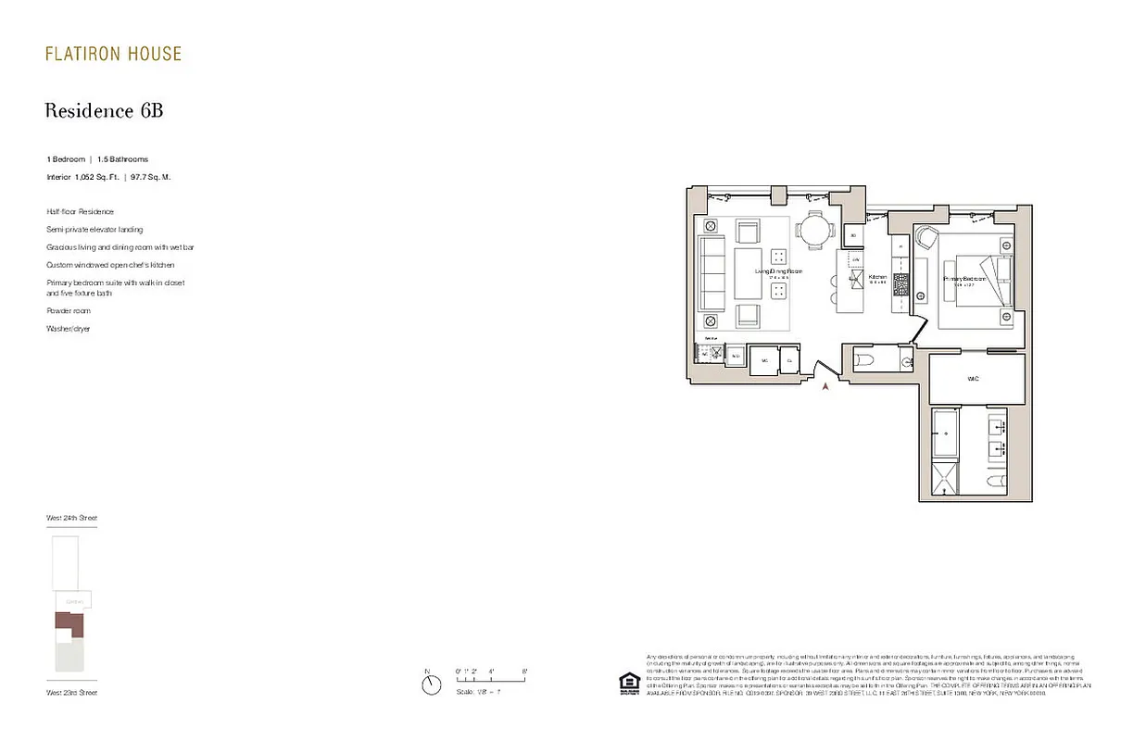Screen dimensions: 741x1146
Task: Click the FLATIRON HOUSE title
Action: pyautogui.click(x=113, y=54)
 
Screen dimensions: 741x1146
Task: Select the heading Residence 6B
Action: pyautogui.click(x=104, y=111)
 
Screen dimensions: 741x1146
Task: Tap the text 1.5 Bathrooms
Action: pyautogui.click(x=122, y=159)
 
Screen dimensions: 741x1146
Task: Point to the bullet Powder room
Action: pyautogui.click(x=69, y=311)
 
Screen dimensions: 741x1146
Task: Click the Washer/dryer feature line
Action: pyautogui.click(x=69, y=329)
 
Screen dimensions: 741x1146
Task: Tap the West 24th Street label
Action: pyautogui.click(x=71, y=518)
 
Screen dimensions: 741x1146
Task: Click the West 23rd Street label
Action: pyautogui.click(x=71, y=693)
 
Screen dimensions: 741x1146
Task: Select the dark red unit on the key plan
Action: pyautogui.click(x=70, y=623)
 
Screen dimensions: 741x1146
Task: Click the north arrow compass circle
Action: pyautogui.click(x=431, y=685)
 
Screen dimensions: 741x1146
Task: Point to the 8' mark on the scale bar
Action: pyautogui.click(x=524, y=672)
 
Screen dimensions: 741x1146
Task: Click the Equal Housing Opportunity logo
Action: pyautogui.click(x=629, y=683)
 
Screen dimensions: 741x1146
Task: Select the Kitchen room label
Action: pyautogui.click(x=877, y=277)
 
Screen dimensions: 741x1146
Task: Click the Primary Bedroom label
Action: pyautogui.click(x=963, y=278)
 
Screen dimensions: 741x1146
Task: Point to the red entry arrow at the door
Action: pyautogui.click(x=825, y=387)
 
